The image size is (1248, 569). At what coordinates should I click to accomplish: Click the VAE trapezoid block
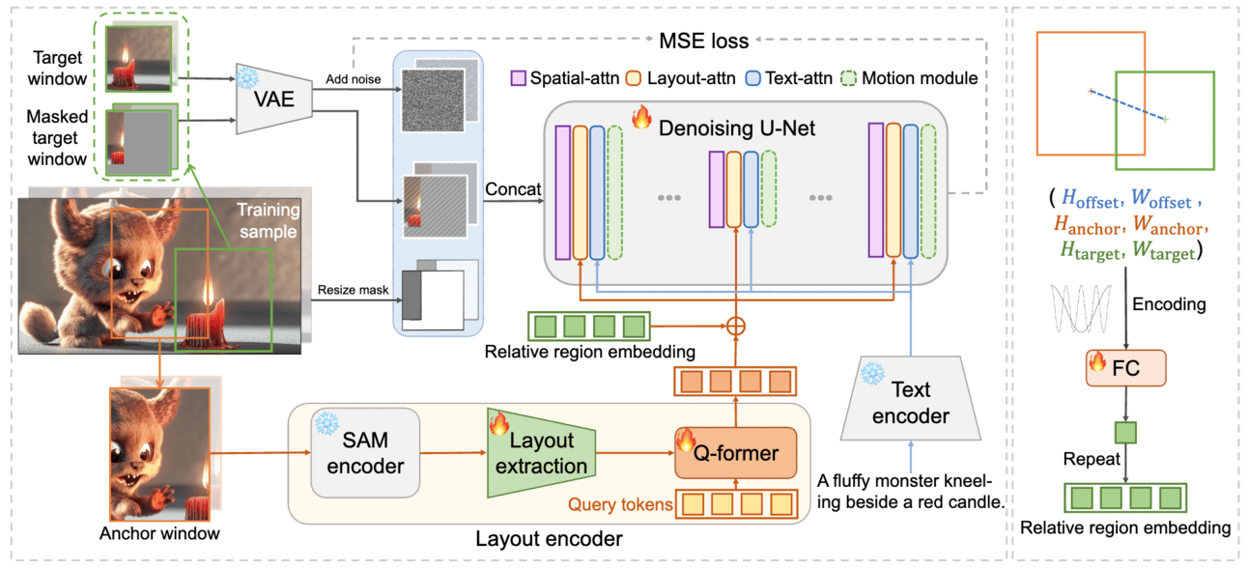coord(274,99)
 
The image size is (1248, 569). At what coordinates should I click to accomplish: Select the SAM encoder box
coord(365,452)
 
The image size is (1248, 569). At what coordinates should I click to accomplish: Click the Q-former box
coord(736,452)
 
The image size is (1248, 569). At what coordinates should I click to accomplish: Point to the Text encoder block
coord(911,398)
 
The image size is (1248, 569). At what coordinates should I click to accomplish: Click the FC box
coord(1126,368)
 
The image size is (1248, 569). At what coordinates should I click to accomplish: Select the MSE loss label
coord(704,41)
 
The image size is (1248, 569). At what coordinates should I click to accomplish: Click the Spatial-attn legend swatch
coord(518,78)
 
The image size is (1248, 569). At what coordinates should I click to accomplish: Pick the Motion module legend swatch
coord(848,78)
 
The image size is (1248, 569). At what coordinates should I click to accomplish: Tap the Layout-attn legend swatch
coord(634,78)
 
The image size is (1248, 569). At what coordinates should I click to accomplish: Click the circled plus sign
coord(736,326)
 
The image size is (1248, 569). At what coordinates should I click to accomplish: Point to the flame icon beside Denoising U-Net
coord(641,117)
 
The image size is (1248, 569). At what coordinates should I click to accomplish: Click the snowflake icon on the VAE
coord(247,77)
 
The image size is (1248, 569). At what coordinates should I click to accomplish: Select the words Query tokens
coord(620,504)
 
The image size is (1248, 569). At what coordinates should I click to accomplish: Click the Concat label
coord(513,189)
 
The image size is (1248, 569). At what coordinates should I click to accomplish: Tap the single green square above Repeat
coord(1125,433)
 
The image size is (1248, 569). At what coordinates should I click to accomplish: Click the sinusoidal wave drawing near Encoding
coord(1081,308)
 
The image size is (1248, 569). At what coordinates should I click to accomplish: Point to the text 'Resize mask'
coord(354,290)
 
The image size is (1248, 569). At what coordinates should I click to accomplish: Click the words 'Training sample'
coord(269,220)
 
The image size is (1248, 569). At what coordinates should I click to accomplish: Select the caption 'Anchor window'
coord(160,533)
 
